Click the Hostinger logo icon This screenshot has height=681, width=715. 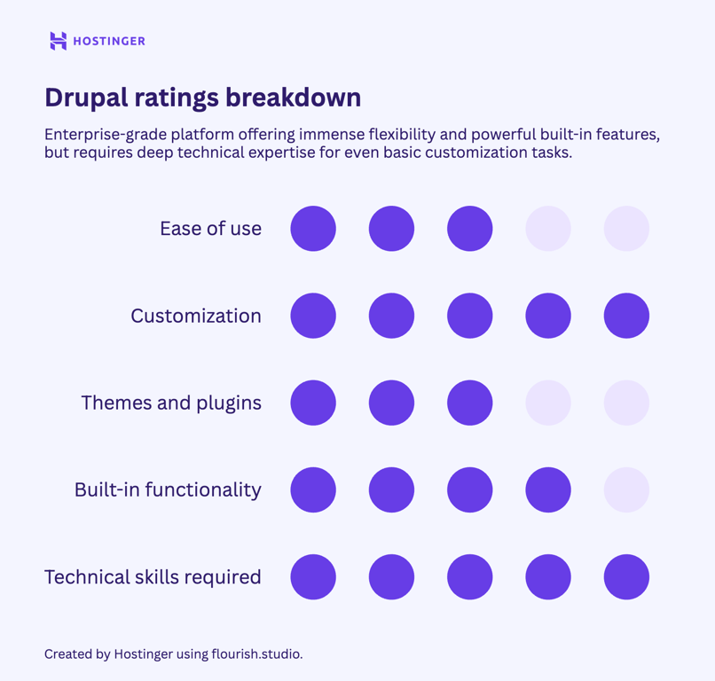[x=59, y=41]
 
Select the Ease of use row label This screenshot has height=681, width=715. [x=210, y=229]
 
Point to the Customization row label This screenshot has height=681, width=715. [x=196, y=316]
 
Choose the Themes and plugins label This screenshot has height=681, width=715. [x=171, y=403]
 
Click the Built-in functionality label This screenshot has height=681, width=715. [x=168, y=489]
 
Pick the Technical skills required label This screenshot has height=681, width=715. [x=153, y=577]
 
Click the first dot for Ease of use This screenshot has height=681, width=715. [x=313, y=229]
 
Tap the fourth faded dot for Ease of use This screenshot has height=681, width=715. [x=548, y=229]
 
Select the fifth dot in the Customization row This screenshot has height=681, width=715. [x=626, y=316]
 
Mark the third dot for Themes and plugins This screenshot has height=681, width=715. [x=470, y=403]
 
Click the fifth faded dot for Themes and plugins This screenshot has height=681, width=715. [x=626, y=403]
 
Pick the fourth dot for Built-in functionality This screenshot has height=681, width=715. [x=548, y=489]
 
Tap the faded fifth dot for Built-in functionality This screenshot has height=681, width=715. [x=626, y=489]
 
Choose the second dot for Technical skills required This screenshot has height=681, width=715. [x=391, y=577]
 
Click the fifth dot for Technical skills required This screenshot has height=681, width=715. [x=626, y=577]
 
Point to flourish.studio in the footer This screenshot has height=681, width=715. [x=257, y=654]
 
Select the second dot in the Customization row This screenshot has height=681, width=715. [x=391, y=316]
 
